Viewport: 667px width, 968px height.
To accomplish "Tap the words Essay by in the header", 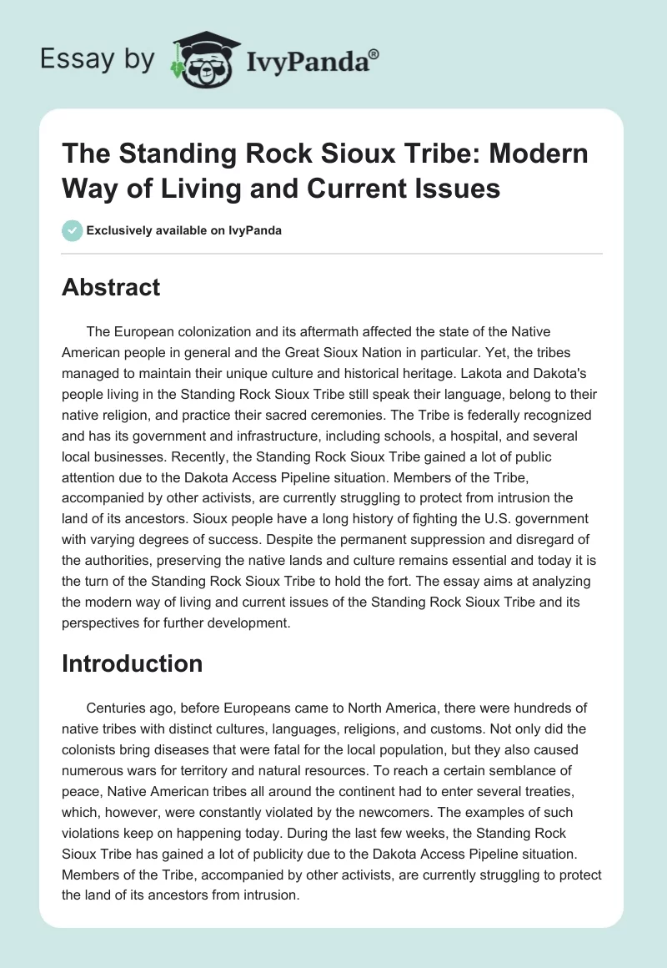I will point(98,59).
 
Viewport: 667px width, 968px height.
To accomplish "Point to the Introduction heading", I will point(133,663).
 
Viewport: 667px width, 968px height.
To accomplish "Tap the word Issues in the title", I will point(460,188).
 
